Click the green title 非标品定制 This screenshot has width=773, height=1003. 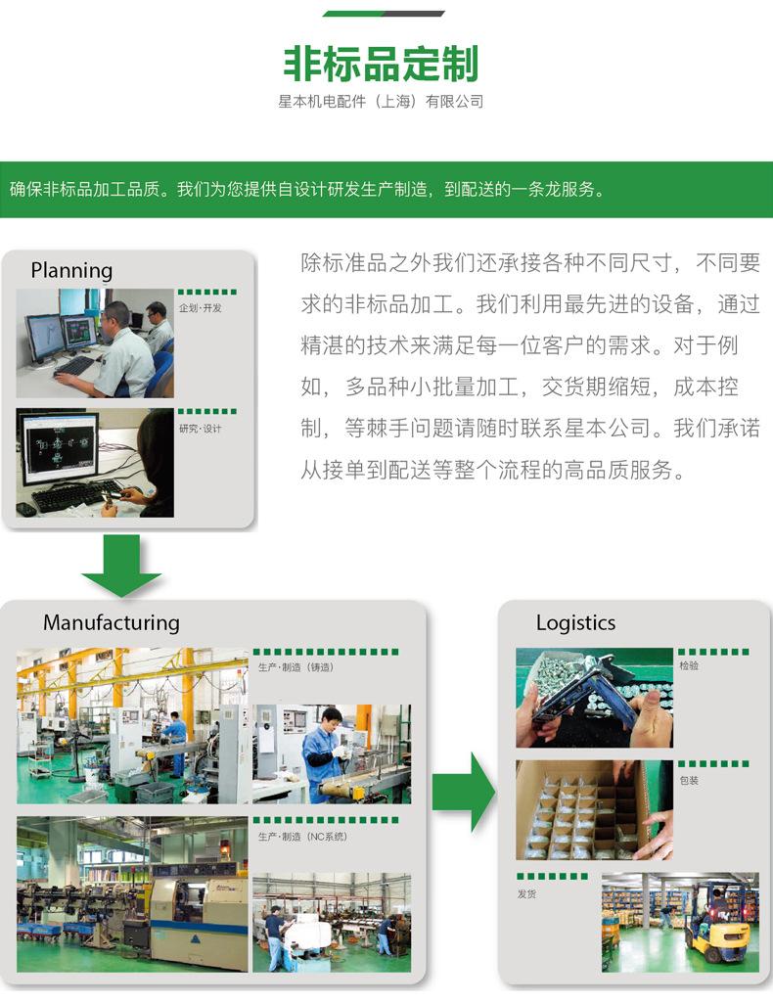point(381,65)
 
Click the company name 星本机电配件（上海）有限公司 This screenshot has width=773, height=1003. point(381,102)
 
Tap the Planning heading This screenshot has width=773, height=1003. point(71,270)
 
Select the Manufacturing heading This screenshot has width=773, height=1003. point(112,622)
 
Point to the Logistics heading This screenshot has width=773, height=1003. point(575,622)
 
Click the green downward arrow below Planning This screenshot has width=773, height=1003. point(121,566)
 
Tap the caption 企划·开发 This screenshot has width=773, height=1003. point(200,308)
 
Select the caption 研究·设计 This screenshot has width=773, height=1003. point(200,429)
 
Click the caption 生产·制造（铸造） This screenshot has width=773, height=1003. point(296,667)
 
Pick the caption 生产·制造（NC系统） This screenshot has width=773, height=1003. point(302,837)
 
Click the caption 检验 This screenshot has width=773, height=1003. point(689,665)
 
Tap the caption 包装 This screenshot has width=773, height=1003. point(689,780)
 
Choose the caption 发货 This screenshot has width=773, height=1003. point(526,893)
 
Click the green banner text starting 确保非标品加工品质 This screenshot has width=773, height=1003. point(305,190)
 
